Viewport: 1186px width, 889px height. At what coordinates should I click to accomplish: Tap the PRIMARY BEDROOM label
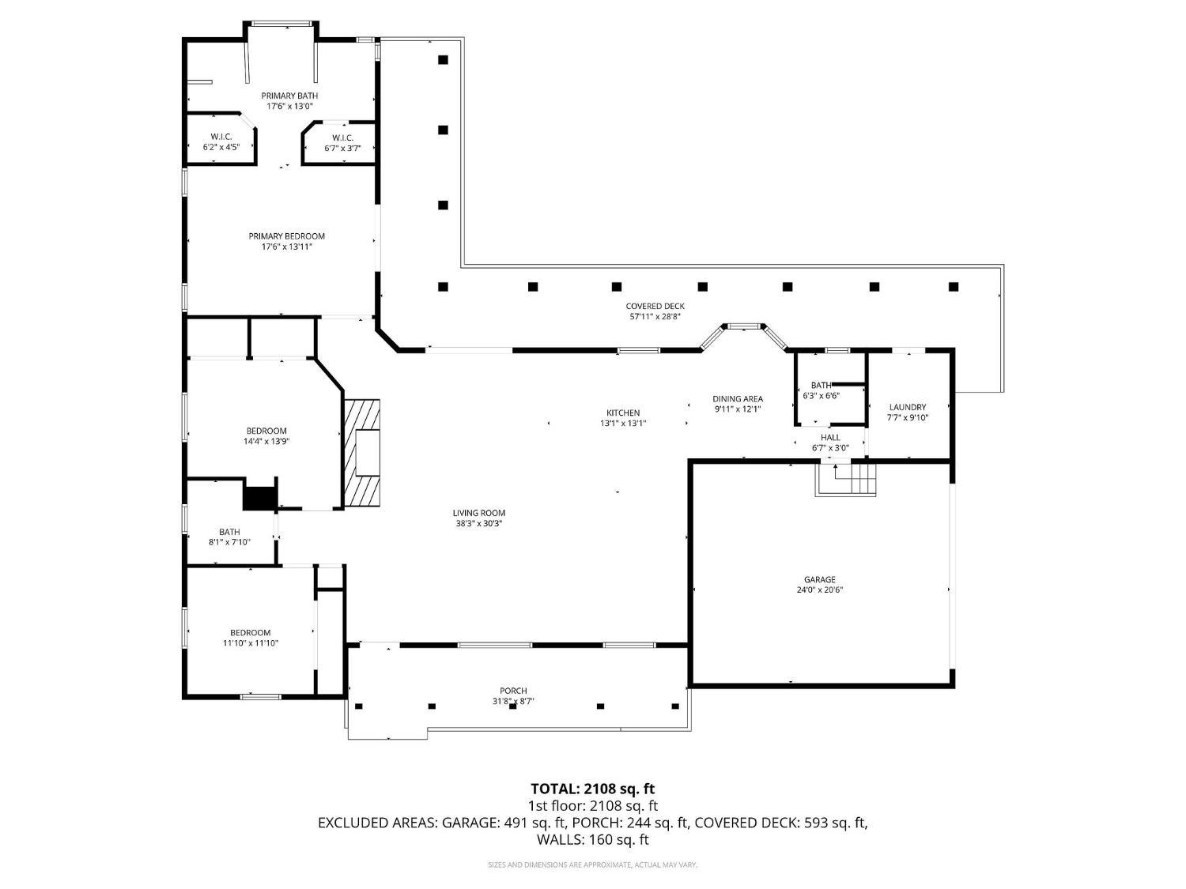[286, 236]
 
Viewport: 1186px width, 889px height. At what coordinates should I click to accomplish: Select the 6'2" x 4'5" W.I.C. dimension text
[221, 147]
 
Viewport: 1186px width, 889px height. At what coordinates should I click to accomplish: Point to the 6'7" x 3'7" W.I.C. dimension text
[342, 148]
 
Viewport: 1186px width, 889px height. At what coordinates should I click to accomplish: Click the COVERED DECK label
[655, 307]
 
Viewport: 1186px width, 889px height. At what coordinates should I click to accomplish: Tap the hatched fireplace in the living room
[362, 452]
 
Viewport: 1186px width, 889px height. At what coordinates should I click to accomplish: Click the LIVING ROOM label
[480, 513]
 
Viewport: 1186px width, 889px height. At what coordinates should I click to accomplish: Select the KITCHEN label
[623, 412]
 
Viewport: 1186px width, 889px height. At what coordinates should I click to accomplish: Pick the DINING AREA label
[737, 399]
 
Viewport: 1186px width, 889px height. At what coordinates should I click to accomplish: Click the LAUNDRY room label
[907, 407]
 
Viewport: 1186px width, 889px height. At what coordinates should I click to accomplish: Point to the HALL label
[830, 437]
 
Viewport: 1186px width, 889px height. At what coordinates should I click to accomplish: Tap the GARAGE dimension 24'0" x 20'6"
[820, 590]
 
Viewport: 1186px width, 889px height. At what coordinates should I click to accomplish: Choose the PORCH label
[512, 691]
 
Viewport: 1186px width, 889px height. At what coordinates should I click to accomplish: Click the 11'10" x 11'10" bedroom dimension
[251, 643]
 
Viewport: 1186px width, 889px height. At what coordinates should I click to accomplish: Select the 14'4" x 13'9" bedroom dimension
[266, 442]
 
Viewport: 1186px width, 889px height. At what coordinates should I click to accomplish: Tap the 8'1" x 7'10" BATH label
[229, 532]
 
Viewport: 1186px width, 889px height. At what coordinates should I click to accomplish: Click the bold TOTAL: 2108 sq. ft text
[592, 789]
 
